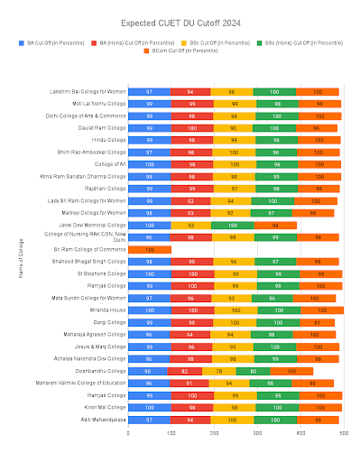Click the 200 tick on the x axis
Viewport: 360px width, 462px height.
[215, 433]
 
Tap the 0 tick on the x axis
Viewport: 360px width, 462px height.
[128, 433]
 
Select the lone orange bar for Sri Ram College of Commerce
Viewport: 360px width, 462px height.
[149, 248]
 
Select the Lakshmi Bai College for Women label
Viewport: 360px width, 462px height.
[88, 91]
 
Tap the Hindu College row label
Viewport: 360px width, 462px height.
[107, 140]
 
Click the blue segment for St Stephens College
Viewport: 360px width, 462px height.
[149, 273]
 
